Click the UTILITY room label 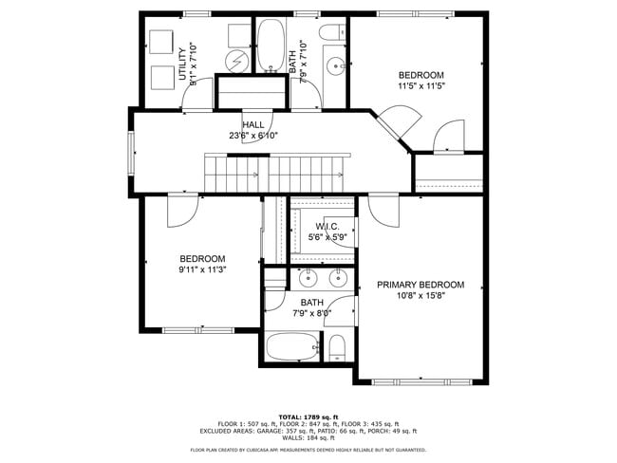coord(181,64)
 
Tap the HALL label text coord(253,124)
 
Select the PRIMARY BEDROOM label coord(421,285)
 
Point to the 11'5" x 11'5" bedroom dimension coord(421,86)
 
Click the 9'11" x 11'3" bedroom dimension coord(202,269)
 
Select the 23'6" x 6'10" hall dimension coord(253,136)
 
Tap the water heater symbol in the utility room coord(236,61)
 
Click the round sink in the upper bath coord(335,66)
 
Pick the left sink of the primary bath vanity coord(308,279)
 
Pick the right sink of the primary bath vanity coord(337,279)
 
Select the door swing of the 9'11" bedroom coord(183,211)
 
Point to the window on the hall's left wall coord(132,152)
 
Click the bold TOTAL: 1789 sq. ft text coord(308,416)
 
